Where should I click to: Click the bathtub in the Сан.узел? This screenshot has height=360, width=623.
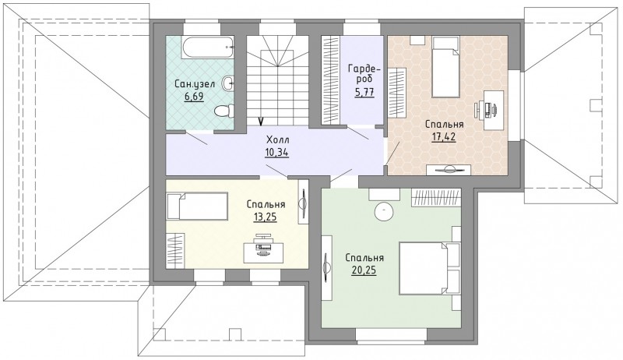208,48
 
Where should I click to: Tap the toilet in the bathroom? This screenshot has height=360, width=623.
224,111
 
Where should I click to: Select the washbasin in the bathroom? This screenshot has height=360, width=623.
228,83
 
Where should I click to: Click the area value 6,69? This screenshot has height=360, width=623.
194,97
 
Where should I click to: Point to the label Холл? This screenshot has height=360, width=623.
278,139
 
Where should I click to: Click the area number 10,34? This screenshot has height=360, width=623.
277,152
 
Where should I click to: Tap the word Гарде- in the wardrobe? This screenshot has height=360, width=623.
364,69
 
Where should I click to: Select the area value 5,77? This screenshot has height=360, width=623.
364,93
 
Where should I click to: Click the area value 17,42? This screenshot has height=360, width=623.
444,137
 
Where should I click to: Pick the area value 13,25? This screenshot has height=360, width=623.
265,217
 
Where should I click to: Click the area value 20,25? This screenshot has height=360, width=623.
364,270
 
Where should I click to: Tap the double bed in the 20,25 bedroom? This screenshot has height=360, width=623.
430,268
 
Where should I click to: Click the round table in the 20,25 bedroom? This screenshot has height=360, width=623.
384,210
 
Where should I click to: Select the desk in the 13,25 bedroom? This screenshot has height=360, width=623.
264,248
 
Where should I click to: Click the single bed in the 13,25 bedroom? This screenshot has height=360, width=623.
197,206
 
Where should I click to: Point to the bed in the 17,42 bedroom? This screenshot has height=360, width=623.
445,67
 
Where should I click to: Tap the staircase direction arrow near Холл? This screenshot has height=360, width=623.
261,122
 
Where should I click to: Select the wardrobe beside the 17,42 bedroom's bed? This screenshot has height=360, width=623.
397,93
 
